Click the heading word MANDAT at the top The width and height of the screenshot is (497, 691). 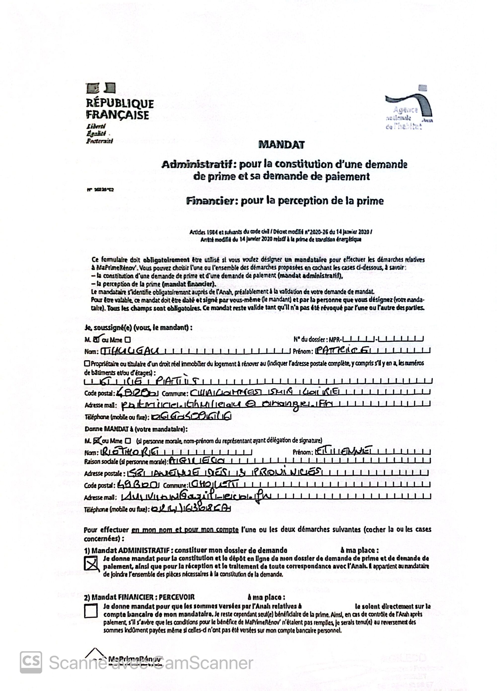click(281, 144)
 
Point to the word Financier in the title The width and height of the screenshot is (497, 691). click(212, 201)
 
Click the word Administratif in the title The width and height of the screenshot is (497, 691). click(199, 165)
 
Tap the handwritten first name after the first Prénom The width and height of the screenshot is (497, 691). click(340, 351)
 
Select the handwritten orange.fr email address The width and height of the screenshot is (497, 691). click(226, 405)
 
